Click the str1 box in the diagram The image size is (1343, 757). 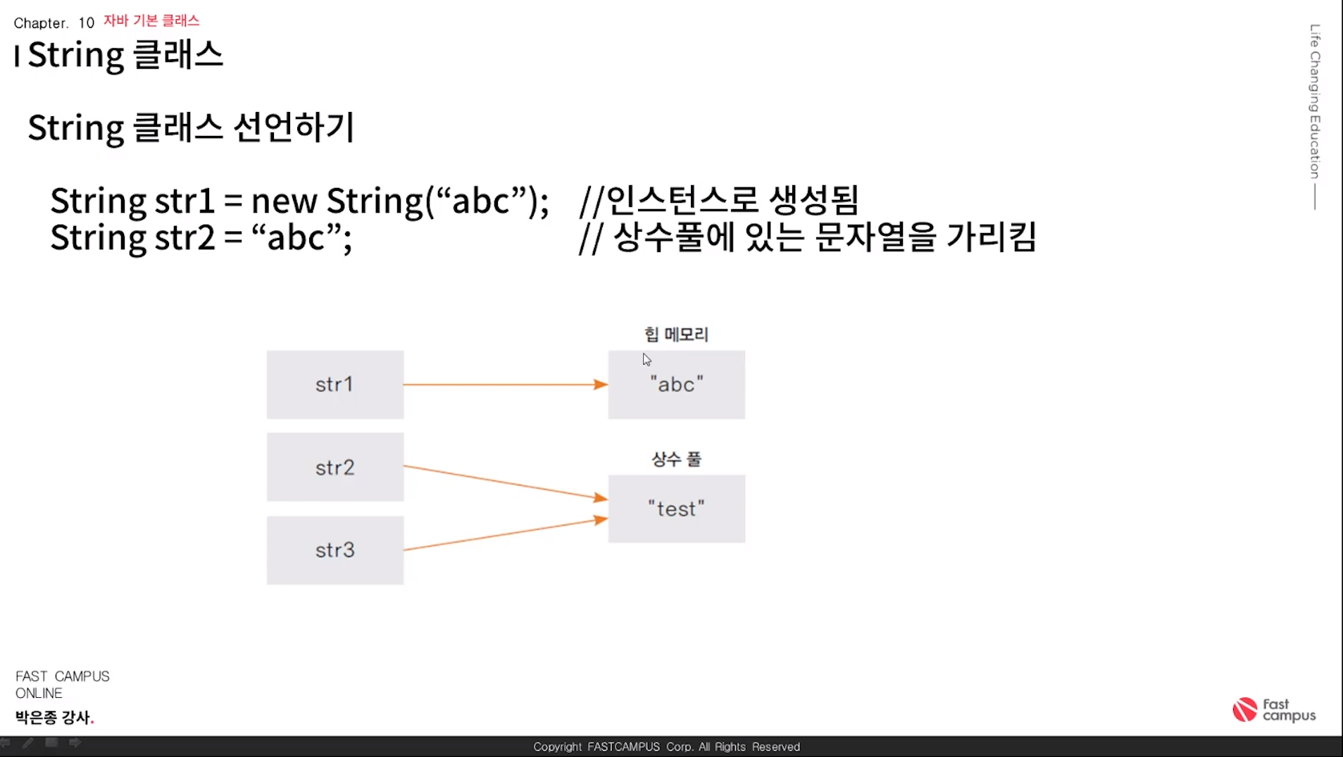tap(335, 384)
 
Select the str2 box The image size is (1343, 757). tap(335, 467)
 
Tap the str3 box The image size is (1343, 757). tap(335, 550)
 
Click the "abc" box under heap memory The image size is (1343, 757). tap(676, 384)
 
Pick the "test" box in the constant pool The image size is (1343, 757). tap(676, 508)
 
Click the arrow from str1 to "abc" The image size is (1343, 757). tap(504, 384)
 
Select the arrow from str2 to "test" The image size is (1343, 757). tap(504, 482)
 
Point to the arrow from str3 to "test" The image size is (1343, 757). tap(504, 534)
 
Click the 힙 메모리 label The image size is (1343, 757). tap(676, 334)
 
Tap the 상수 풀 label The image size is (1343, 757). tap(676, 459)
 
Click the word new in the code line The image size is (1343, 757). tap(284, 201)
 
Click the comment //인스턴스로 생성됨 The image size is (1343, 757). tap(718, 201)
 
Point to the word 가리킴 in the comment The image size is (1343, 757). tap(991, 237)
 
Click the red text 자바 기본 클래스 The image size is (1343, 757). tap(151, 20)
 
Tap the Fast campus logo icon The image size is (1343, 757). tap(1244, 710)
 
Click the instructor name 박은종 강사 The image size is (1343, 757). tap(54, 717)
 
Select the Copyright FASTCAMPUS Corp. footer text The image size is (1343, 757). tap(666, 746)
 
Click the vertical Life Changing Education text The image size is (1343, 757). tap(1315, 101)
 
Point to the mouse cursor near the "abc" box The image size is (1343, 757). tap(646, 360)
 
